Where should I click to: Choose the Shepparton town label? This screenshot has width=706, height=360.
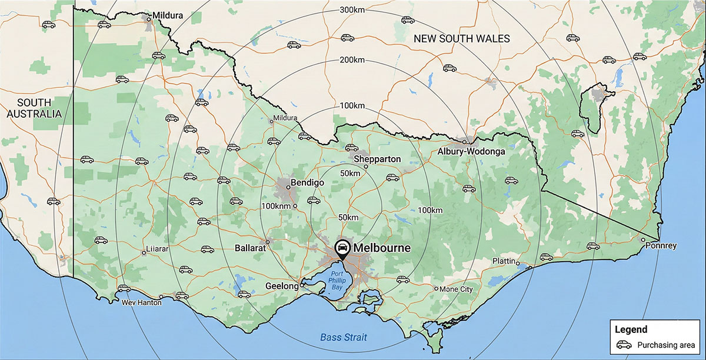pos(377,159)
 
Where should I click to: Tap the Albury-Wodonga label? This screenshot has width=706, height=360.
pos(471,152)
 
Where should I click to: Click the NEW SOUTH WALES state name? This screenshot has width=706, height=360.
pos(461,39)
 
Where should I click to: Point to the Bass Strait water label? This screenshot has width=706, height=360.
pos(344,337)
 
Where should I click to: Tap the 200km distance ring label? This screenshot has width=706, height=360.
pos(352,61)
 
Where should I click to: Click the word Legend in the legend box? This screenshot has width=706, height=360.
pos(631,329)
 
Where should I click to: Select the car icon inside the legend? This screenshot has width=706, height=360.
pos(624,345)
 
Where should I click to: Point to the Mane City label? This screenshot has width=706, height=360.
pos(457,289)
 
